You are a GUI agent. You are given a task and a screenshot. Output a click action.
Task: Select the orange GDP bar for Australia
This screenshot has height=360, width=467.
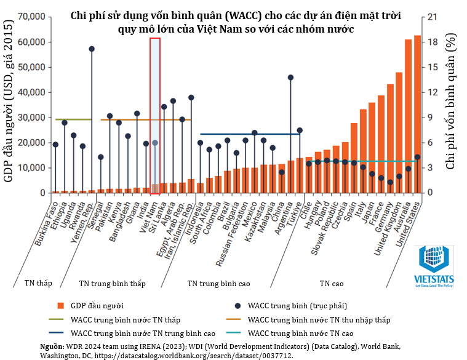(408, 117)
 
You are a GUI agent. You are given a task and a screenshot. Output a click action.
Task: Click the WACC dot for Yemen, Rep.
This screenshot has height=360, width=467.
(92, 49)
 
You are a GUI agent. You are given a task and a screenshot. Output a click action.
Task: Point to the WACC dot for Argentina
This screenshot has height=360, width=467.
(290, 78)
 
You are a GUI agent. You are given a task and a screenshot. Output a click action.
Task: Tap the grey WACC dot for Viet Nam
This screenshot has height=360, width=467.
(155, 143)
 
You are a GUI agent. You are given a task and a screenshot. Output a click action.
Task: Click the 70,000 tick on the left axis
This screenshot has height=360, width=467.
(31, 16)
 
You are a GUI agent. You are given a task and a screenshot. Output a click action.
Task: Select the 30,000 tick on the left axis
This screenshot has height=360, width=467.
(31, 117)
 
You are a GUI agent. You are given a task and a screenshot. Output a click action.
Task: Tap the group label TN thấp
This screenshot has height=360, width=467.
(38, 284)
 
